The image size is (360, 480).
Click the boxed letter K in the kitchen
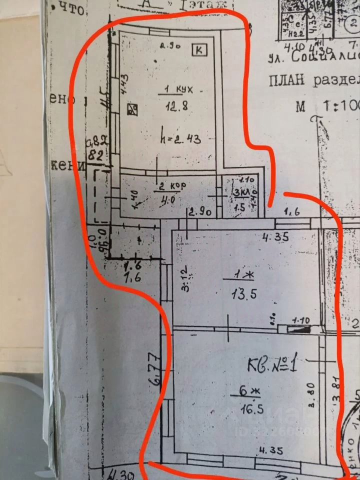(x=199, y=49)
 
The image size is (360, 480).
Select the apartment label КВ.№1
(x=273, y=364)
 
